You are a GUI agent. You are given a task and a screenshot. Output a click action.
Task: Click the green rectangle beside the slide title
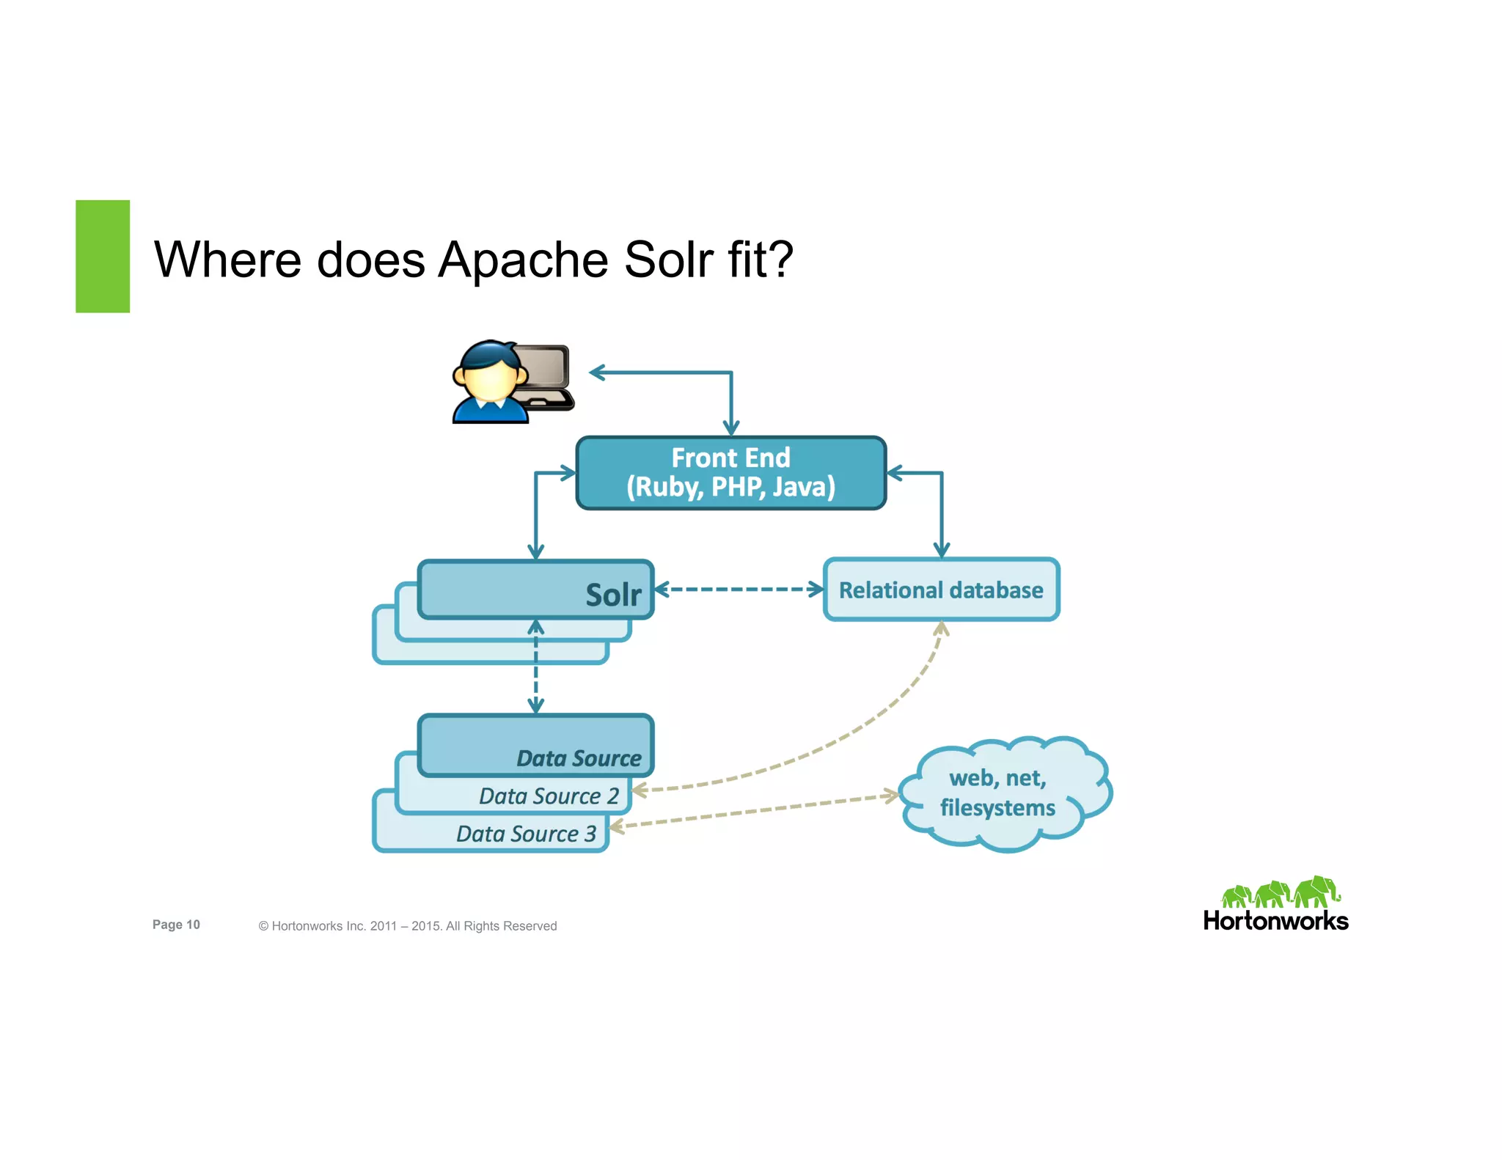[x=103, y=256]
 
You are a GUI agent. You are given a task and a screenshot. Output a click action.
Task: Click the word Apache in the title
[x=522, y=260]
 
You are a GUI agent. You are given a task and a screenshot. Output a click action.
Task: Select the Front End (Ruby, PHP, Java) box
[x=730, y=473]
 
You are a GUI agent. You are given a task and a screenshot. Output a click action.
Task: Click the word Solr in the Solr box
[x=613, y=595]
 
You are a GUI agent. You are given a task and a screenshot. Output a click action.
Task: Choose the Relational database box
[x=941, y=590]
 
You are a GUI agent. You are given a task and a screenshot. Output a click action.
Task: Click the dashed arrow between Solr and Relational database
[x=738, y=590]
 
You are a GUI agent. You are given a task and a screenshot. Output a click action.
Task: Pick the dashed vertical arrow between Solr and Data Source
[x=536, y=667]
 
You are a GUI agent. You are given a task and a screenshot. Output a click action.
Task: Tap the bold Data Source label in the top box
[x=579, y=758]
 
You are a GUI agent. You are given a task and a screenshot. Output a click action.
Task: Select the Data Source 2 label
[x=549, y=796]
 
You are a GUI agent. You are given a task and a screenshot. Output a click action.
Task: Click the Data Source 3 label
[x=526, y=834]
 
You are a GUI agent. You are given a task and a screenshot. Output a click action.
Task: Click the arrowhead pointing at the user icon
[x=598, y=372]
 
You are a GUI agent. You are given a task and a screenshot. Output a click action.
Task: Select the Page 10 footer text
[x=176, y=925]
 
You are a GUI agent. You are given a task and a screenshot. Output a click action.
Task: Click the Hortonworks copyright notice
[x=407, y=926]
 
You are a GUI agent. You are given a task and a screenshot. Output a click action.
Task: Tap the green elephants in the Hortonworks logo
[x=1280, y=892]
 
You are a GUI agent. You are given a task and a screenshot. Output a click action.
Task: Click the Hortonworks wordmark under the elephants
[x=1275, y=921]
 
